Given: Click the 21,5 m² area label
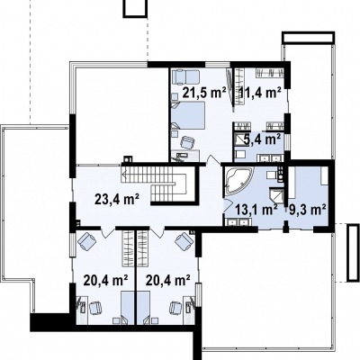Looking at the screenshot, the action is [x=204, y=93].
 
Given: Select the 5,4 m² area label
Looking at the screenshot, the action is [x=263, y=139].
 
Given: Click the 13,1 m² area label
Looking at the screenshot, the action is [x=256, y=210].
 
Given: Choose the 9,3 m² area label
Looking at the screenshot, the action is [x=308, y=209].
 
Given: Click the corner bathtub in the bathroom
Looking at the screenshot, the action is [x=238, y=182].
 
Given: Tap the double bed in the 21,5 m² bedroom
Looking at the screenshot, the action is [x=188, y=115].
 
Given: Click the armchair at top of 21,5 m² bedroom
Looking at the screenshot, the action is [x=186, y=76].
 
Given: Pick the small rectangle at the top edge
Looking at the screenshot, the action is [x=135, y=7].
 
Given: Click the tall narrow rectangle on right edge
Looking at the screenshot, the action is [x=353, y=253].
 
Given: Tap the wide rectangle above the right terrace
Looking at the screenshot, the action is [x=308, y=37].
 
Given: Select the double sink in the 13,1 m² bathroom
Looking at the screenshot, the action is [x=238, y=222].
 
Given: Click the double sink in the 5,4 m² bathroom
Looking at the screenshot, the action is [x=270, y=157].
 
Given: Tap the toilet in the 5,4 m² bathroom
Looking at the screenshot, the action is [x=240, y=155].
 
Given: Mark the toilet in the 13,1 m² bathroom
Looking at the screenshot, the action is [x=272, y=175].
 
